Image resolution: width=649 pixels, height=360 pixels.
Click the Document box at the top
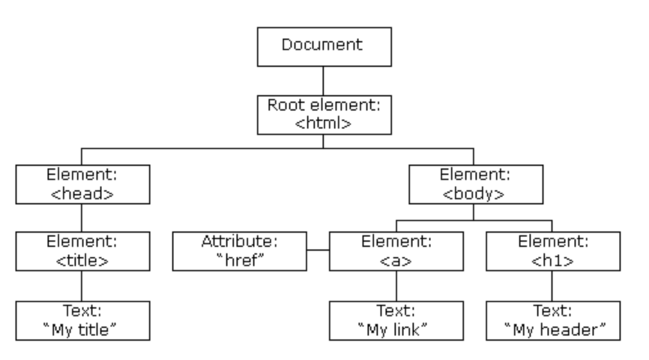tap(324, 46)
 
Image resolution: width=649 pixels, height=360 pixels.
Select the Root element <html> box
tap(324, 114)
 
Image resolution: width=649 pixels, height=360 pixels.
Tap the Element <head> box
tap(82, 184)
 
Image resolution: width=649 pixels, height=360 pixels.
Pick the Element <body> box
tap(476, 184)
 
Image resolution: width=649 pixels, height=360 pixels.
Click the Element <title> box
tap(82, 251)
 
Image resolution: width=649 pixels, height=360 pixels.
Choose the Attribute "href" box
tap(239, 251)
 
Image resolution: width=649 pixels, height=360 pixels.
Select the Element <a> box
tap(396, 251)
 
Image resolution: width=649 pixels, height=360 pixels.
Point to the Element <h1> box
tap(553, 251)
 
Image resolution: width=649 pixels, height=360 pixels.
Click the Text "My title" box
tap(82, 321)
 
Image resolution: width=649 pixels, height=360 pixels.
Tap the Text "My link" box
tap(396, 321)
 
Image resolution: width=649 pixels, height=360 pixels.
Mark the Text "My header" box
tap(553, 321)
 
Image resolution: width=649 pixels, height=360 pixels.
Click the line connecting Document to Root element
tap(323, 80)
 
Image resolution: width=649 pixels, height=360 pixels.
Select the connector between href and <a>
tap(318, 250)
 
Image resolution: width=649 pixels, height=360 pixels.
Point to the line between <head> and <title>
tap(82, 218)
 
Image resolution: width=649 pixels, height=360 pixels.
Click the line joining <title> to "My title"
tap(82, 286)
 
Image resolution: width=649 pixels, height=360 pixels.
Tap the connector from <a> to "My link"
tap(396, 286)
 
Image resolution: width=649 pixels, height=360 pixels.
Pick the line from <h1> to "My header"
tap(552, 286)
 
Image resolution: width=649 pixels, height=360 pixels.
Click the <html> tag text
tap(323, 123)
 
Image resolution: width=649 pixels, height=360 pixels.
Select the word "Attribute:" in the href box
tap(239, 242)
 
